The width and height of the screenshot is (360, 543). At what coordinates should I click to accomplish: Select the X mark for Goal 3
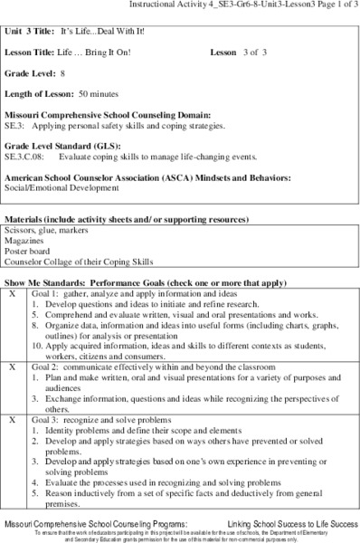(x=12, y=422)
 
